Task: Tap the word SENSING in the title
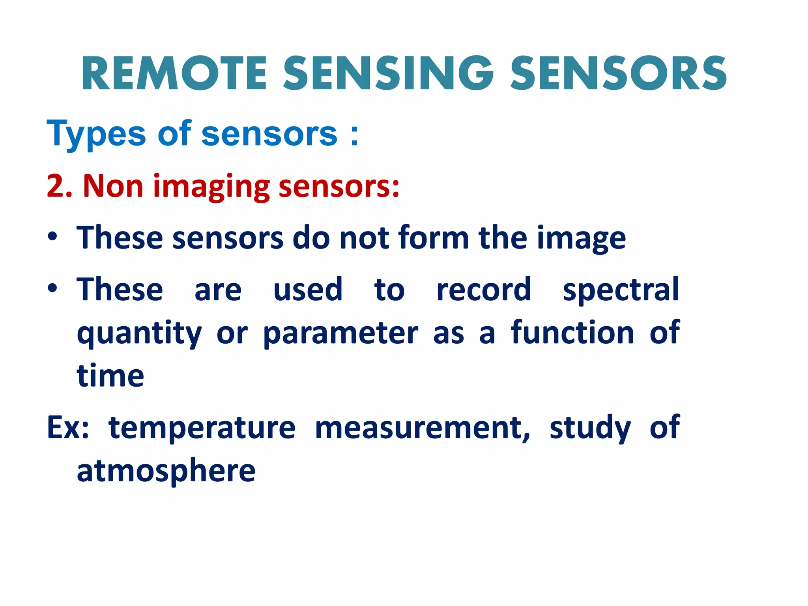[388, 73]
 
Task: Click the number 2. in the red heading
[60, 186]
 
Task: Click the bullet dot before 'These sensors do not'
[52, 237]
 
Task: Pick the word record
[484, 290]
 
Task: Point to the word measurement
[423, 428]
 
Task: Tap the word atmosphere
[166, 471]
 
